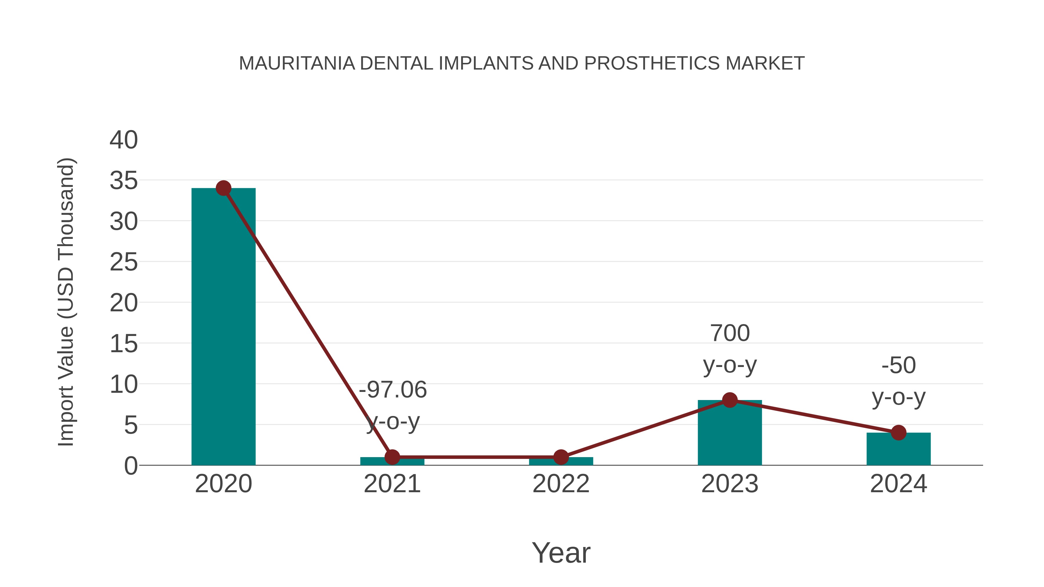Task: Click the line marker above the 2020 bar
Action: (x=223, y=188)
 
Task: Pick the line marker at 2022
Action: (x=561, y=457)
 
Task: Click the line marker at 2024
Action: (x=898, y=433)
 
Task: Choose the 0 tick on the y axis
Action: (x=131, y=466)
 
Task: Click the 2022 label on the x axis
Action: (x=561, y=484)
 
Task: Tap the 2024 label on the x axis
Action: (x=898, y=484)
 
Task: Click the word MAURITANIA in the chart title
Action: (x=297, y=63)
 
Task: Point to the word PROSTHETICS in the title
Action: (x=652, y=63)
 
